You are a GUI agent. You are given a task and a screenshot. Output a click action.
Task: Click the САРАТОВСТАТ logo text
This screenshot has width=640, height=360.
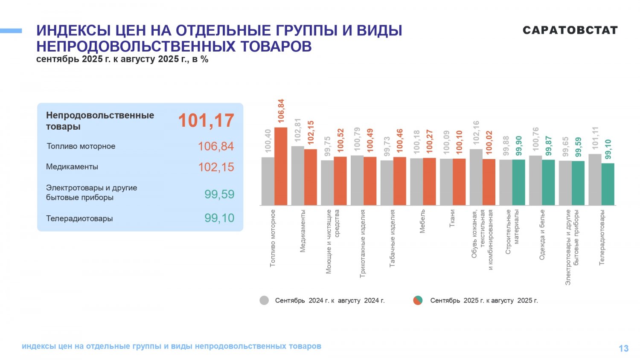pyautogui.click(x=570, y=30)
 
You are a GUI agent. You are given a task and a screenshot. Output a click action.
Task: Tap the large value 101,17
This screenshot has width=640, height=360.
pyautogui.click(x=206, y=120)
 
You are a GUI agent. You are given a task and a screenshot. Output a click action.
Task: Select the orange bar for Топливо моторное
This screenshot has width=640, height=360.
pyautogui.click(x=281, y=166)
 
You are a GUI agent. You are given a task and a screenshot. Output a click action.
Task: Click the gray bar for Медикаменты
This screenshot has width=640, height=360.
pyautogui.click(x=298, y=176)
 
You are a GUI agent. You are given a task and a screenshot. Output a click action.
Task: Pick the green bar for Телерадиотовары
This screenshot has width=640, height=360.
pyautogui.click(x=608, y=184)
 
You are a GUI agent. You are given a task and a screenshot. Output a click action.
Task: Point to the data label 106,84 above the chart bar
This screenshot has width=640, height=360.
pyautogui.click(x=281, y=111)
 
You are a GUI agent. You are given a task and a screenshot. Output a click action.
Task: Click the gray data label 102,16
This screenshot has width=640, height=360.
pyautogui.click(x=476, y=133)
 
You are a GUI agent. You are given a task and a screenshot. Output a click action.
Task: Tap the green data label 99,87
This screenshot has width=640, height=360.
pyautogui.click(x=549, y=145)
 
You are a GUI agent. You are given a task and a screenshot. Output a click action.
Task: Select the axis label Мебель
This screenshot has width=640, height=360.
pyautogui.click(x=422, y=221)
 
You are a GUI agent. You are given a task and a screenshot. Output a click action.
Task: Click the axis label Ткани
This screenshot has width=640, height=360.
pyautogui.click(x=452, y=218)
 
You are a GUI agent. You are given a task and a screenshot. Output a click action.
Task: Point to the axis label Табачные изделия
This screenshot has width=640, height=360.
pyautogui.click(x=393, y=238)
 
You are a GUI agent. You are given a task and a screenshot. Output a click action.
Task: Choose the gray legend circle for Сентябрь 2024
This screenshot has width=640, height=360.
pyautogui.click(x=264, y=300)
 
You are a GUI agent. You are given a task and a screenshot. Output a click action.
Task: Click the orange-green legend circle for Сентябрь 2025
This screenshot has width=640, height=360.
pyautogui.click(x=418, y=300)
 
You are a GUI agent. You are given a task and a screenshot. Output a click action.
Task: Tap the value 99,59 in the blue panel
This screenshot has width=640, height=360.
pyautogui.click(x=219, y=195)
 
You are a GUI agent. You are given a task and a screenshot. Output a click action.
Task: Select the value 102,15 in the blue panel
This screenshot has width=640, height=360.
pyautogui.click(x=216, y=167)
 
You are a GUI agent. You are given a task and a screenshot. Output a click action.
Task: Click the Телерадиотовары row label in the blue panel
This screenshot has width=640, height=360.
pyautogui.click(x=79, y=218)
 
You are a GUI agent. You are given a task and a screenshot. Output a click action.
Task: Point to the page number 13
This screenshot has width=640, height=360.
pyautogui.click(x=623, y=348)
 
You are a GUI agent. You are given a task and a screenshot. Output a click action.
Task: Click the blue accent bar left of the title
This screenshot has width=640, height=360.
pyautogui.click(x=11, y=31)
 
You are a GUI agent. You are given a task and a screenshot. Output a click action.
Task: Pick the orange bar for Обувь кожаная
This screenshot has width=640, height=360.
pyautogui.click(x=489, y=182)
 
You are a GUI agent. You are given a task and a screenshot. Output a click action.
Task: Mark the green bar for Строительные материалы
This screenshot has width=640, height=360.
pyautogui.click(x=519, y=183)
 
